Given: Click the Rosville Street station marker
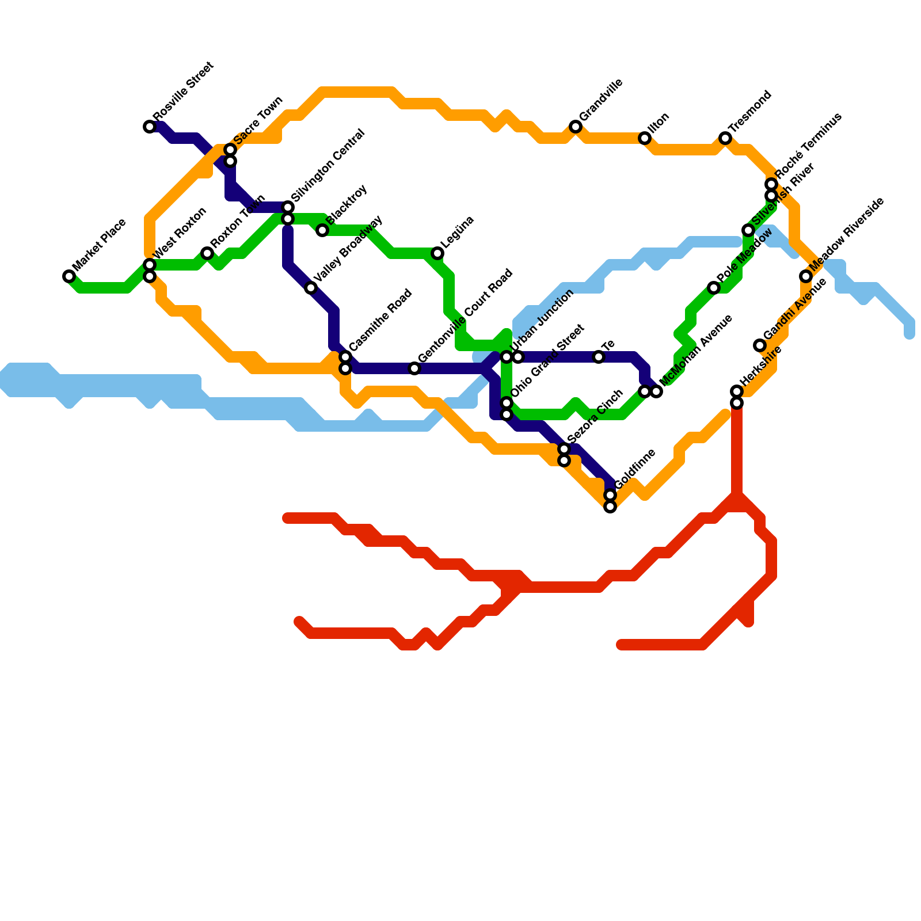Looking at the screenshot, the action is coord(150,127).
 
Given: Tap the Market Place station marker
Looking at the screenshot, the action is coord(69,276).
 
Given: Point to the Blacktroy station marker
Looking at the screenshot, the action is coord(322,230).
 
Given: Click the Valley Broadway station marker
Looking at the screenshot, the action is coord(311,288).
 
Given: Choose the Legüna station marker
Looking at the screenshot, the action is coord(437,253).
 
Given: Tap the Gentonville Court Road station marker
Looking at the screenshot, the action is coord(414,368).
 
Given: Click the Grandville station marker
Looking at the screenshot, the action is coord(576,127).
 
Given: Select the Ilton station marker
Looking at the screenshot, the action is coord(645,138).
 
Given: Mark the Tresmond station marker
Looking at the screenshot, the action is coord(725,138).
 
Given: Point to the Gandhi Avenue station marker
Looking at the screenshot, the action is coord(760,345).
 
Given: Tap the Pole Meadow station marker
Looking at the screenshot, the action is coord(714,288).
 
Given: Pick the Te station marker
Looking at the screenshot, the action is coord(599,357).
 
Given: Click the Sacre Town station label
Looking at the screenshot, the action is coord(258,120).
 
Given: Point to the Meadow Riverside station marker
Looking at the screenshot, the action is coord(806,276).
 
